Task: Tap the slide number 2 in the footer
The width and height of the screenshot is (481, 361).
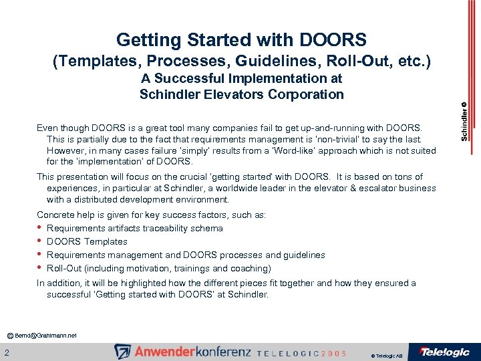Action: coord(7,352)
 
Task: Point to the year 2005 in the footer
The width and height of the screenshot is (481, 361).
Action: coord(333,353)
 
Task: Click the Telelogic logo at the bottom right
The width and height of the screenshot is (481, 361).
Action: coord(444,352)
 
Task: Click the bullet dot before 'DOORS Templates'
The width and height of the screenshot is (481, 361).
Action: coord(39,241)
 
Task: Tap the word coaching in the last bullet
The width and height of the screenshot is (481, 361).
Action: coord(251,268)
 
